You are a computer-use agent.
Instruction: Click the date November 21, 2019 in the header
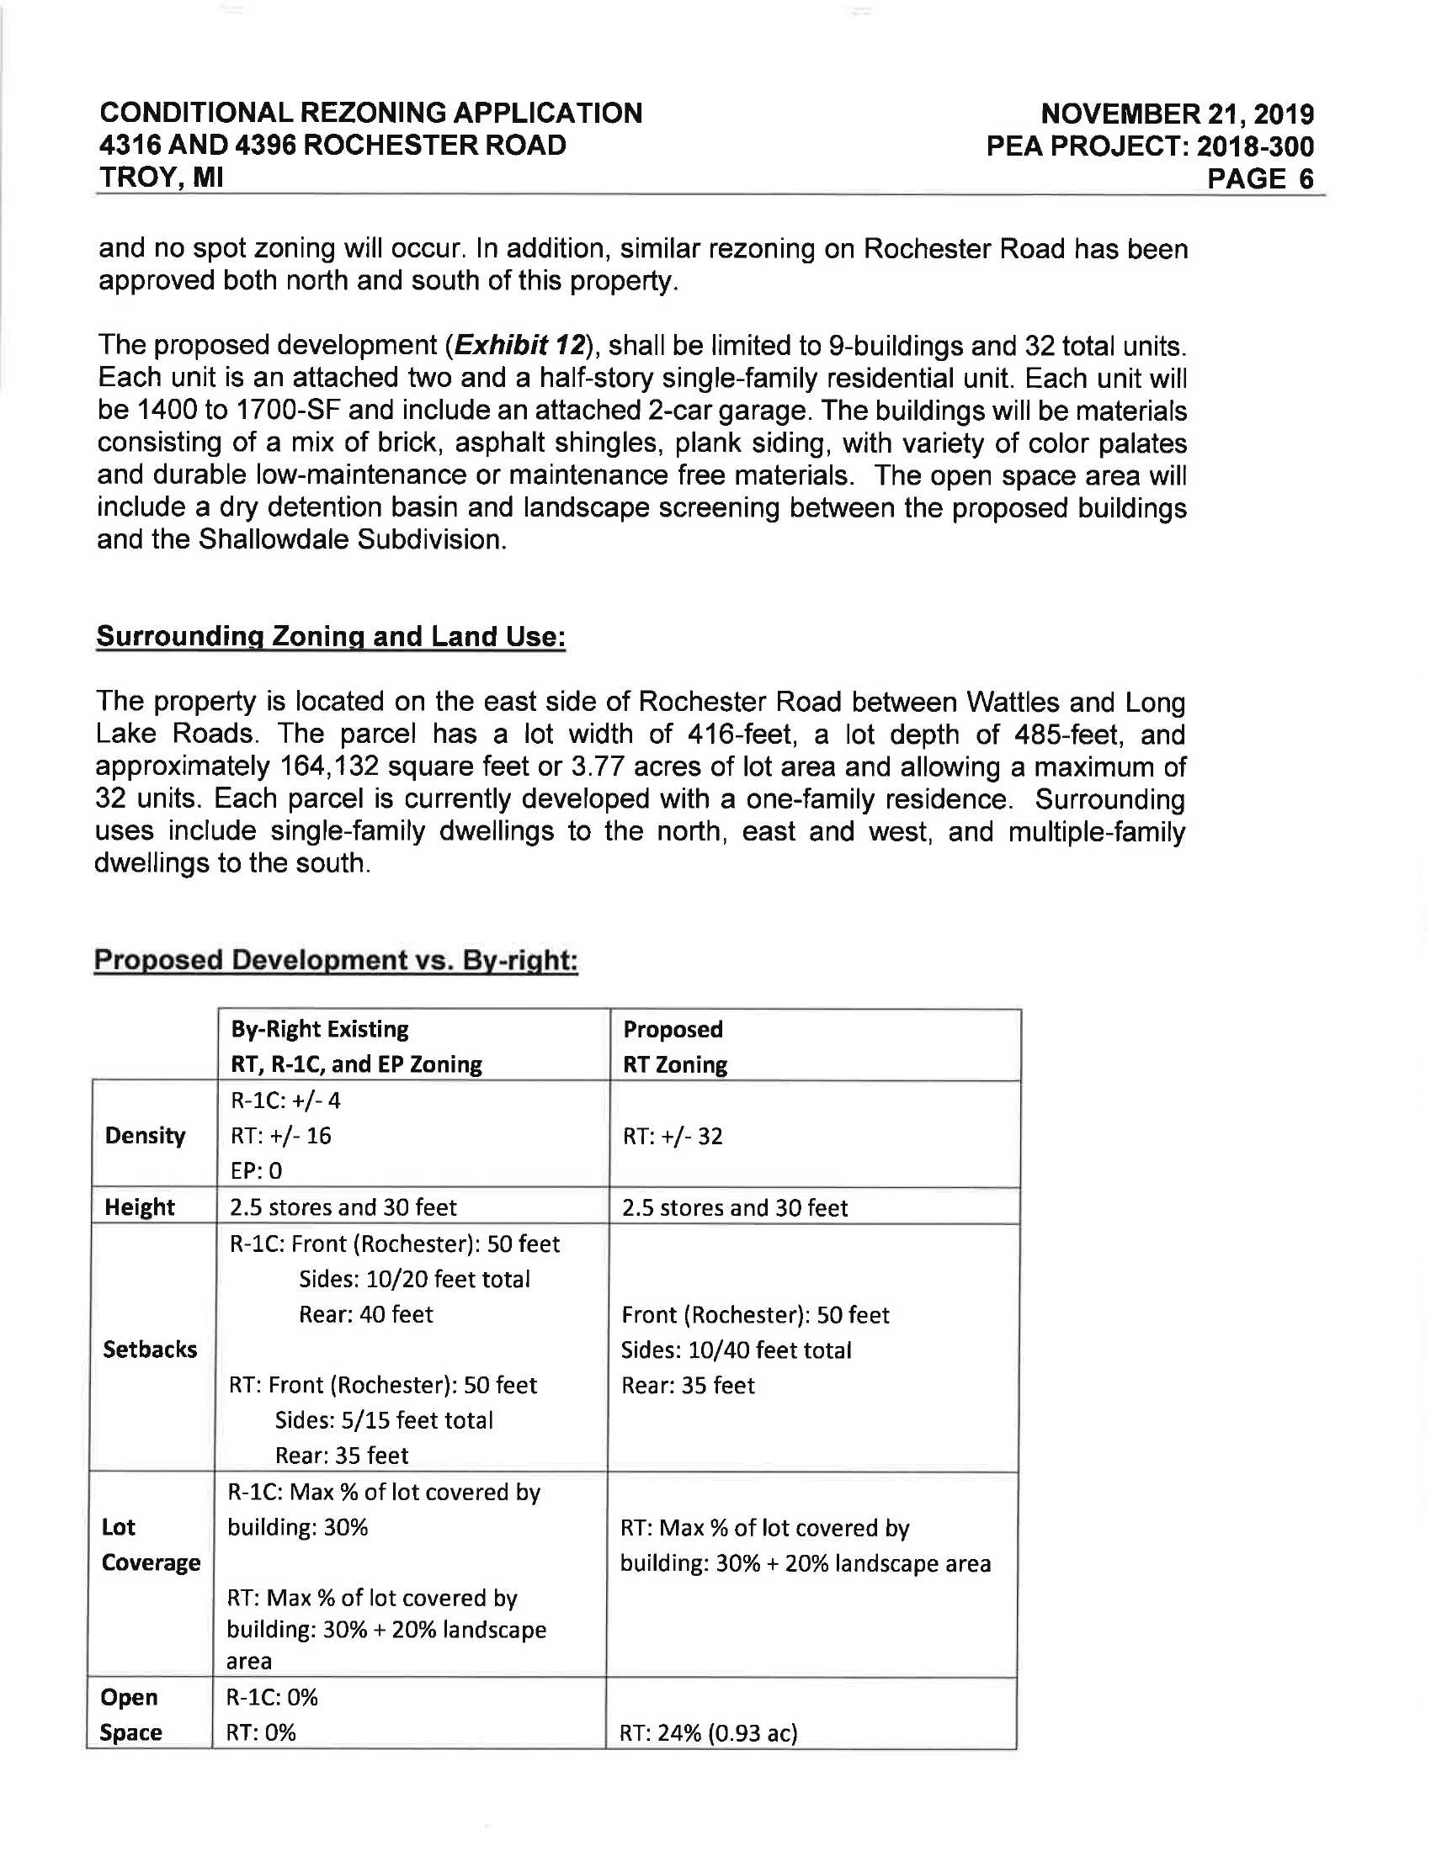tap(1177, 114)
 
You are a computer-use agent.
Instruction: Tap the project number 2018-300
tap(1255, 146)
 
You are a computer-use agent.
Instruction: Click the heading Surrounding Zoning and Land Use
tap(331, 637)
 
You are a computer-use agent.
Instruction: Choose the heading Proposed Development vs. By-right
tap(336, 960)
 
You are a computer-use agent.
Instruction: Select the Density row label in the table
tap(145, 1136)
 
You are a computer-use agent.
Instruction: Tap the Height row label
tap(140, 1207)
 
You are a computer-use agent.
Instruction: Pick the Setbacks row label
tap(150, 1350)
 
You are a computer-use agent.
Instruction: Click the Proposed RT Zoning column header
tap(675, 1047)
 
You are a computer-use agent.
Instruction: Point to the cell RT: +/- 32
tap(673, 1136)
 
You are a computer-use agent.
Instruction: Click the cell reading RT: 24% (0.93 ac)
tap(709, 1733)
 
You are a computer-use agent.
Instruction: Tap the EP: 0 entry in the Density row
tap(256, 1171)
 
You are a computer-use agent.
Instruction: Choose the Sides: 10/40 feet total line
tap(736, 1350)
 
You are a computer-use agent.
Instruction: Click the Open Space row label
tap(130, 1716)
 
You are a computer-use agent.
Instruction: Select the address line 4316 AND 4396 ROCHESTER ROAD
tap(332, 146)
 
